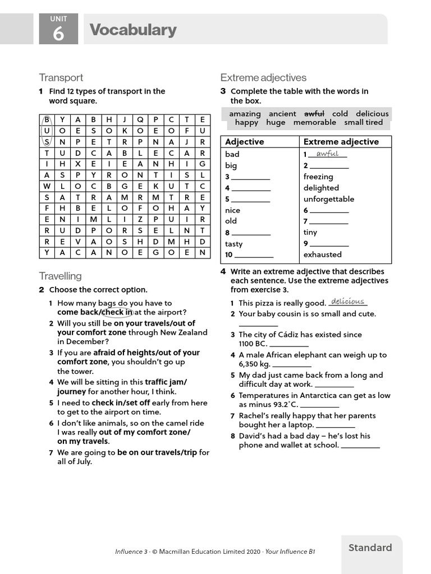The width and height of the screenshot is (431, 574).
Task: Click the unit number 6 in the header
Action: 58,34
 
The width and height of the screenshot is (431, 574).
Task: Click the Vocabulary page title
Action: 133,30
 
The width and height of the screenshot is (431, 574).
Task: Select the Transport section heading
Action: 61,77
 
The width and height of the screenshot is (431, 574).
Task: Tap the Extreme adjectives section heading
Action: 263,77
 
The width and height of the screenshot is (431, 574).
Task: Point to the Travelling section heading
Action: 60,276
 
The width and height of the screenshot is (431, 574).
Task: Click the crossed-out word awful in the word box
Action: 314,113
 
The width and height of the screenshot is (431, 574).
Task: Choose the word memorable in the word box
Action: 314,122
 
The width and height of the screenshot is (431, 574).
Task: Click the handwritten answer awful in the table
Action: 327,154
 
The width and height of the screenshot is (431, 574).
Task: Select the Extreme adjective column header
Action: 341,142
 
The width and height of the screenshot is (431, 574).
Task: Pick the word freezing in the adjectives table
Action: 318,177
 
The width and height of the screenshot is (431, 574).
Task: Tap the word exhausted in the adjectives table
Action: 322,254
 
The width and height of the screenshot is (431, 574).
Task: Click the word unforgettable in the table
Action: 328,199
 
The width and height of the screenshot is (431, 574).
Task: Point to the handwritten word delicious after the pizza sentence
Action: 347,302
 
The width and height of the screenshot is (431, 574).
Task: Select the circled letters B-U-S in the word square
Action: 47,131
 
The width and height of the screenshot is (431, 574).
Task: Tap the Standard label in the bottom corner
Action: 370,548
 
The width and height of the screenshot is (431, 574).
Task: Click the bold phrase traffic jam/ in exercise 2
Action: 166,382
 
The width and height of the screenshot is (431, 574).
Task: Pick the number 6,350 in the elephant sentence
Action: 250,364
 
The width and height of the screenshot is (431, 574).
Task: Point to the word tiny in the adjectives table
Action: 310,232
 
